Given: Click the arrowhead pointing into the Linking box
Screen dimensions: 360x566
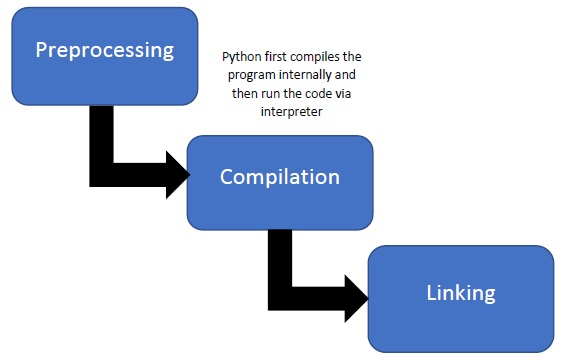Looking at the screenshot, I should [357, 295].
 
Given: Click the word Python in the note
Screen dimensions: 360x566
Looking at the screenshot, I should [241, 57].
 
